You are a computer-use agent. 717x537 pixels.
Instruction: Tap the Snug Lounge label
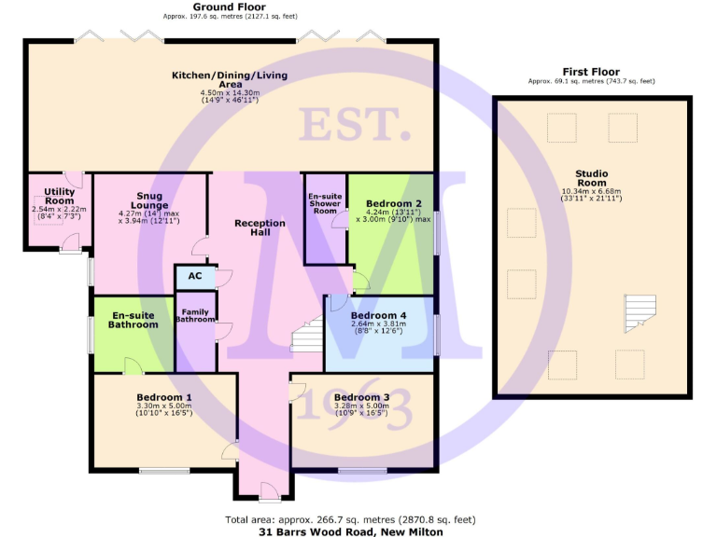149,200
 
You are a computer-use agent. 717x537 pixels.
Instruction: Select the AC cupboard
195,276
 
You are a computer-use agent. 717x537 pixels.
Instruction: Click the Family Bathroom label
195,316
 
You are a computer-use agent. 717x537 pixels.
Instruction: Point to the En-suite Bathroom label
132,320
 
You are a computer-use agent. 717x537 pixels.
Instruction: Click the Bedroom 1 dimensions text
163,409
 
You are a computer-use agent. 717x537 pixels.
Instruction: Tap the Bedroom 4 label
378,316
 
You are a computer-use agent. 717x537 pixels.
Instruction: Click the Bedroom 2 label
393,203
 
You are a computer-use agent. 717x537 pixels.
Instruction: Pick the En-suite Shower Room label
324,203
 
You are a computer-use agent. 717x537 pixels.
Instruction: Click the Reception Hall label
260,227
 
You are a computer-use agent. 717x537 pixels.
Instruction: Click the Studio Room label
593,177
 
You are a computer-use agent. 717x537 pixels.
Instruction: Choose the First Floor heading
592,72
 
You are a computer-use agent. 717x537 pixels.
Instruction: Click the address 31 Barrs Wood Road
351,532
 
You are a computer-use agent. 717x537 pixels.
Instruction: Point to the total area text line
351,519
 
